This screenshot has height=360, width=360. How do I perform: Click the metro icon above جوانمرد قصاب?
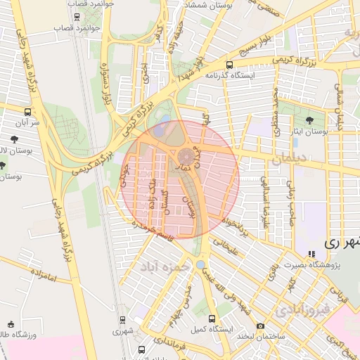[76, 15]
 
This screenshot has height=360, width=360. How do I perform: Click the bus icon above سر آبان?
[27, 111]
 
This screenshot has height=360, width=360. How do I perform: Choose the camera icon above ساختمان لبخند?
[260, 326]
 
